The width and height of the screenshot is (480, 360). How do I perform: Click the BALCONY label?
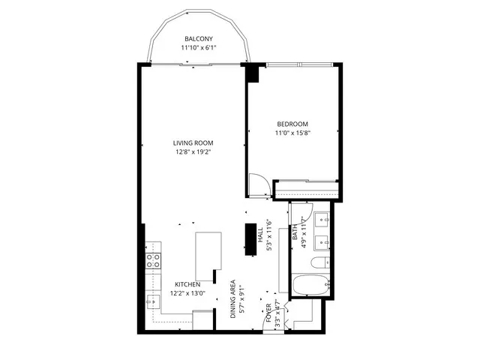199,39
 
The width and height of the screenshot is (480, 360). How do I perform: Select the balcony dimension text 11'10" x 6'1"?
199,48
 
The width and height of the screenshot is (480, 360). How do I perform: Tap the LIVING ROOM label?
193,143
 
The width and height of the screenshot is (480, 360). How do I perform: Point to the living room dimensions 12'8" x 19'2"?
193,152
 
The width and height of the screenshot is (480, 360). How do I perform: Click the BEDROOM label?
292,124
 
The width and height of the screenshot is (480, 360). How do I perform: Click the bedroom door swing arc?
259,183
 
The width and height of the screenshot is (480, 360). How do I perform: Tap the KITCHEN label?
187,284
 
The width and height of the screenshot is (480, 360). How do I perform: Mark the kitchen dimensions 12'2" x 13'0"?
187,293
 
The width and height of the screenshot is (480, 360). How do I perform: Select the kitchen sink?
152,301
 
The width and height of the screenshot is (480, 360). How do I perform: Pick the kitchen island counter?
208,255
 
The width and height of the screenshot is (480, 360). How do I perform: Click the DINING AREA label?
234,300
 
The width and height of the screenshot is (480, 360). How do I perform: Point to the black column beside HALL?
250,238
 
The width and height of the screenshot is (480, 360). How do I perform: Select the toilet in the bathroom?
317,262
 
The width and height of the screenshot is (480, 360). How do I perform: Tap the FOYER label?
268,311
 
